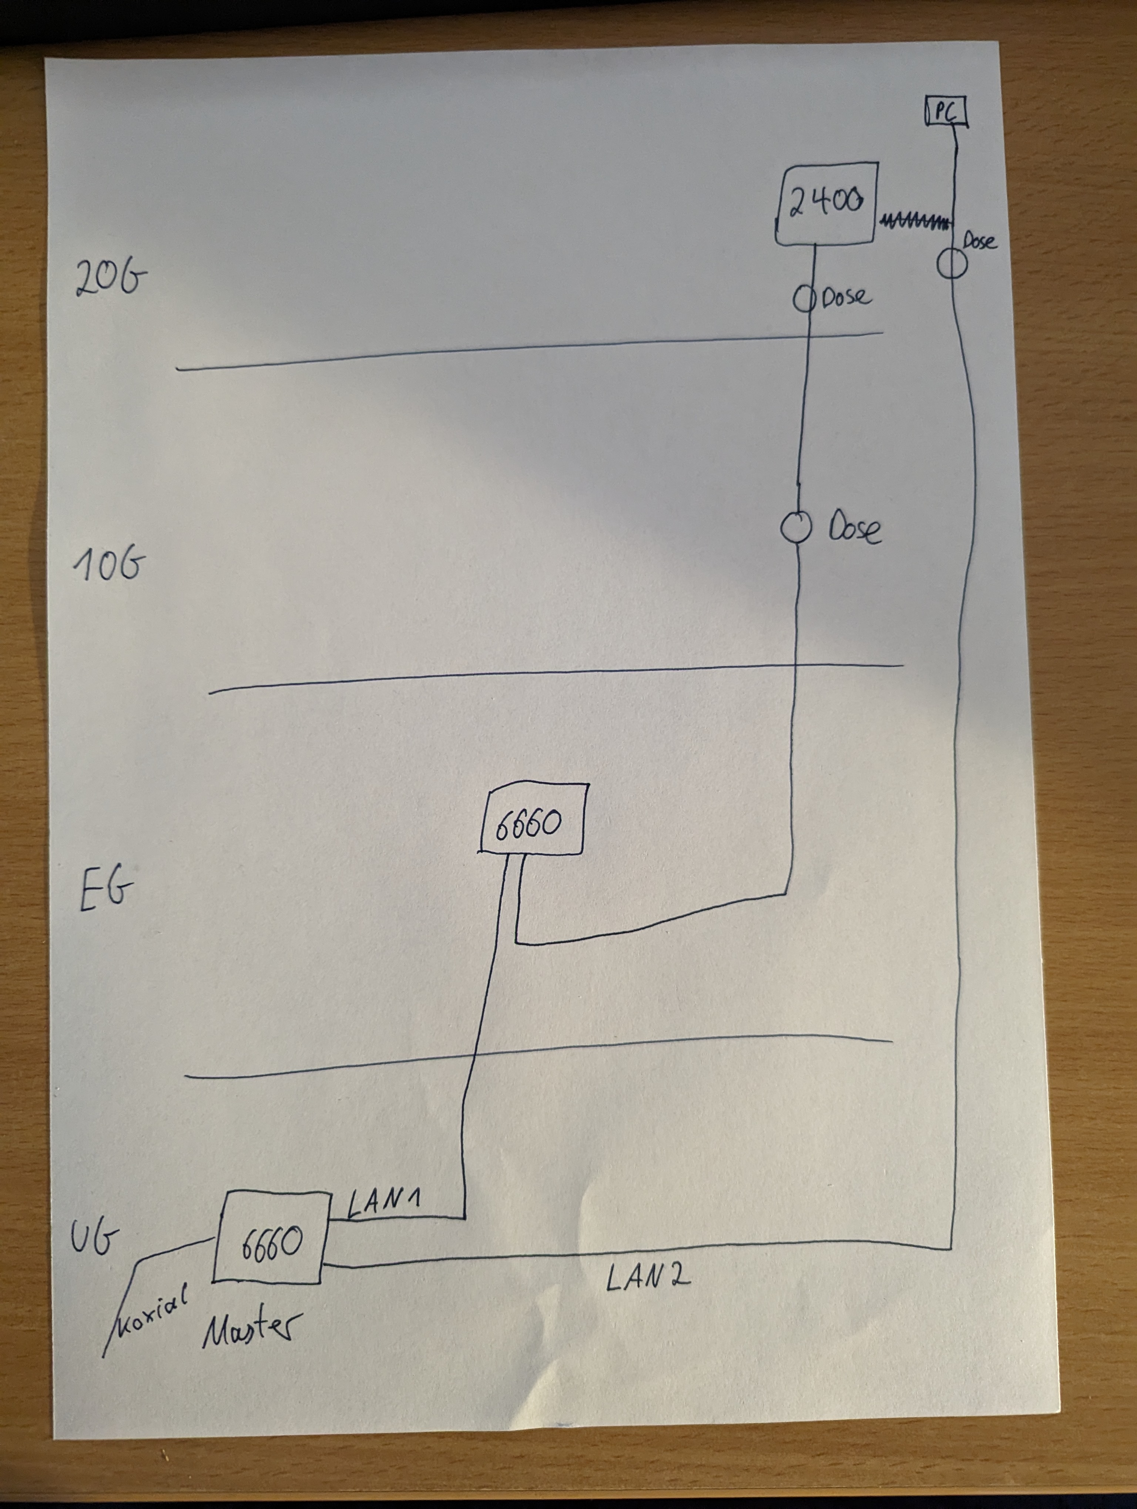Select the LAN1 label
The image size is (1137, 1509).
click(383, 1203)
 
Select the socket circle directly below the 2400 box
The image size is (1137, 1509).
click(804, 299)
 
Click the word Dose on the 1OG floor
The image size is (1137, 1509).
click(855, 528)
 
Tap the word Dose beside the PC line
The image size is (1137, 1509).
click(979, 241)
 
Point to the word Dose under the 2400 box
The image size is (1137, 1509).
click(846, 297)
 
